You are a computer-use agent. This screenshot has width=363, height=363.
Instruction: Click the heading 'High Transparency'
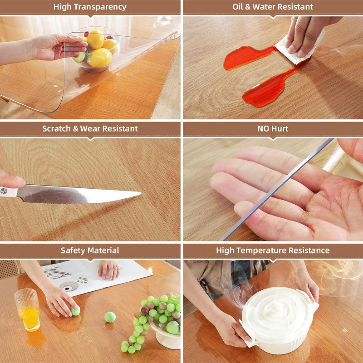tap(90, 7)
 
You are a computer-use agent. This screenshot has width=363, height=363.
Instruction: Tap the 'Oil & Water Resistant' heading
tap(273, 7)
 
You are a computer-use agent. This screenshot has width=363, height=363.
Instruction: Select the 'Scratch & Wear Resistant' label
tap(90, 128)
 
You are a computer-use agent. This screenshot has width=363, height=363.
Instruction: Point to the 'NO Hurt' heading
tap(273, 128)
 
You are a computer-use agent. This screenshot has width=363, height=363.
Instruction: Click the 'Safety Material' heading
tap(90, 250)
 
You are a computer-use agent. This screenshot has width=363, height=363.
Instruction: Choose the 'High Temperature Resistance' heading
tap(273, 250)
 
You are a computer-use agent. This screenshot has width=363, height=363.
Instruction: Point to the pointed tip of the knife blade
tap(138, 194)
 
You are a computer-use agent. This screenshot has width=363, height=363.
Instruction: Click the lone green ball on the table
tap(110, 317)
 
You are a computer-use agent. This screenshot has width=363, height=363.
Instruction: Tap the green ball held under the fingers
tap(75, 311)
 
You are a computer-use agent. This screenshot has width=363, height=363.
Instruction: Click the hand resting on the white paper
tap(109, 270)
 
